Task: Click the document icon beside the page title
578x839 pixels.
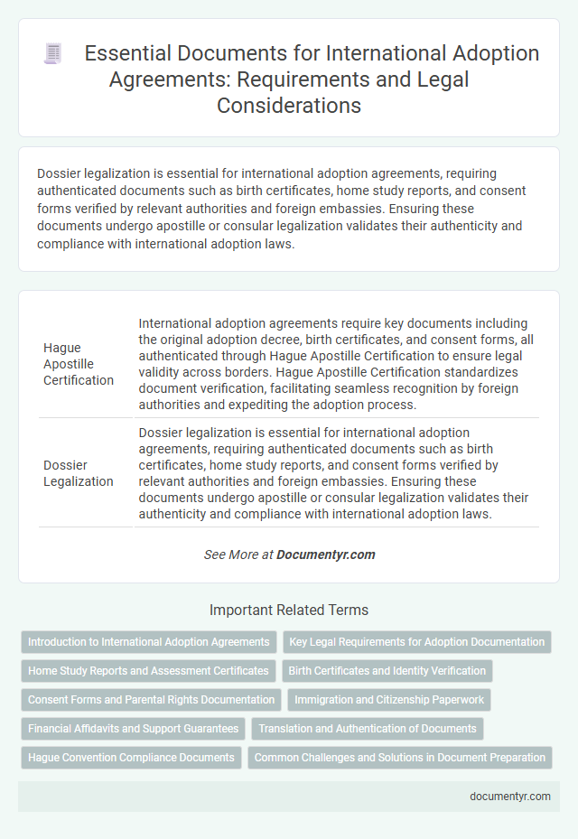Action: [x=53, y=54]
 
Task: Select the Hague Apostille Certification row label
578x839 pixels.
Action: [x=79, y=363]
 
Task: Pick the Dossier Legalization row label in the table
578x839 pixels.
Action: [x=79, y=472]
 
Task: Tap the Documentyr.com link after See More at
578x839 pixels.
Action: [x=326, y=555]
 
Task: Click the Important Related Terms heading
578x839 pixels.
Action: [x=288, y=610]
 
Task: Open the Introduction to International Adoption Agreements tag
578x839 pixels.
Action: [x=149, y=642]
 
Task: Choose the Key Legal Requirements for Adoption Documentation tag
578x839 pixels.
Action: [x=416, y=642]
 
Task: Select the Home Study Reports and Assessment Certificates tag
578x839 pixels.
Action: [x=149, y=671]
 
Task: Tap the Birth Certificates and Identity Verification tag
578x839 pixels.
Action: [x=387, y=671]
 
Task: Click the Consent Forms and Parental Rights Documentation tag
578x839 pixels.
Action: [x=152, y=699]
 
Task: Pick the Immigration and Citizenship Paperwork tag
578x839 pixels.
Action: [x=390, y=699]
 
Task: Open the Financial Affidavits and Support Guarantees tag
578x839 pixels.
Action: [x=133, y=728]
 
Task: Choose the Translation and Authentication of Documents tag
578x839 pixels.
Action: [x=368, y=728]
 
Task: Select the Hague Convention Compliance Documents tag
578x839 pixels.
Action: [x=132, y=757]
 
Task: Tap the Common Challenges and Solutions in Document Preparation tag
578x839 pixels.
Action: [x=400, y=757]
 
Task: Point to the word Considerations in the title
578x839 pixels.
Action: [x=289, y=105]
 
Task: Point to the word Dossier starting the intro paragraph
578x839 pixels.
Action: [x=61, y=173]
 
